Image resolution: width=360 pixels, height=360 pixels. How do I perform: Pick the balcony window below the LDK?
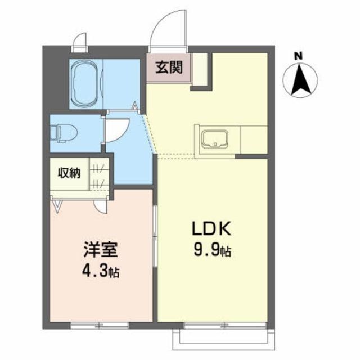(x=214, y=325)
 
